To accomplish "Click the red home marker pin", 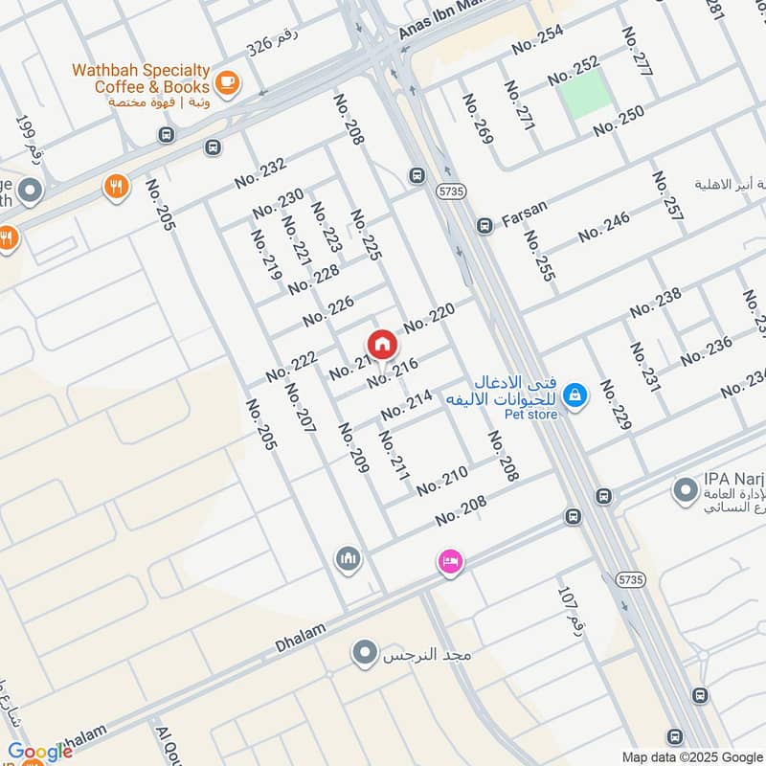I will click(x=381, y=344).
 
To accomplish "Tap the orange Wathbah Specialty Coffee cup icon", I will click(x=227, y=83).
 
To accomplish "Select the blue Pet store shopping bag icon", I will click(x=574, y=394).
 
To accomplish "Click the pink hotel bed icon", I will click(x=449, y=561).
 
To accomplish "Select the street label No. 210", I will click(x=441, y=481).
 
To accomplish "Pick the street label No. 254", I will click(x=537, y=39).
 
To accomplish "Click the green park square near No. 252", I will click(x=584, y=94).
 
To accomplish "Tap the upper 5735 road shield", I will click(x=448, y=191).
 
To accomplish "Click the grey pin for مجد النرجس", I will click(x=364, y=655).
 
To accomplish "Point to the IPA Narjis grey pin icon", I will click(x=685, y=492).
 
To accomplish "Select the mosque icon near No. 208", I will click(x=348, y=557).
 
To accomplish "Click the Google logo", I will click(x=40, y=752).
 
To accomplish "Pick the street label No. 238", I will click(x=656, y=302).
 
